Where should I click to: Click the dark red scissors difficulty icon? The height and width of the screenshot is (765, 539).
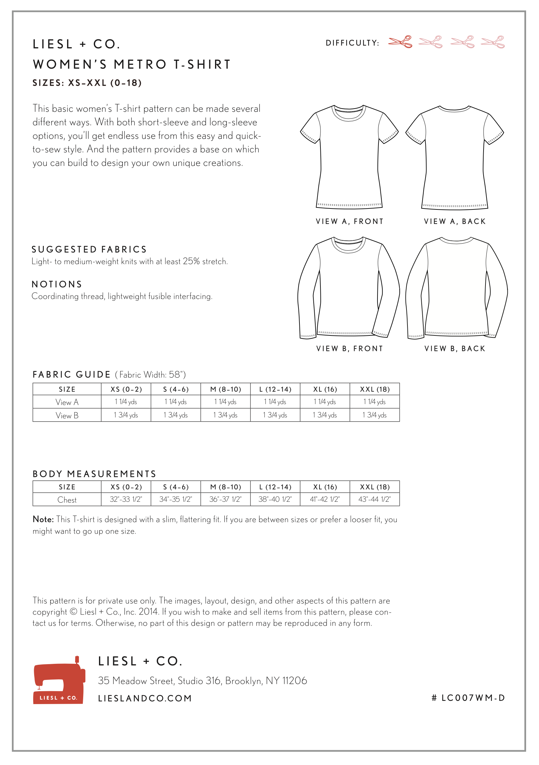point(400,42)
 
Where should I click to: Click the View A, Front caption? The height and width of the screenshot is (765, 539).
point(350,222)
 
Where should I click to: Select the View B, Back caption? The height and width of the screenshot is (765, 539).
point(455,349)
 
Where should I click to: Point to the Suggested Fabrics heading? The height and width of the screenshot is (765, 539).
point(89,249)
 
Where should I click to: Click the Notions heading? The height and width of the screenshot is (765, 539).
point(57,284)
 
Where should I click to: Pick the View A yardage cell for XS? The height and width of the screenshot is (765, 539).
point(126,402)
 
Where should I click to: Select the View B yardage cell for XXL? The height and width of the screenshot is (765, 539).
point(374,415)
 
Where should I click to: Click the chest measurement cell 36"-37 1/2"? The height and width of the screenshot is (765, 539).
point(225,499)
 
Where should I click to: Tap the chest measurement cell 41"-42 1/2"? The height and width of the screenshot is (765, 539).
point(325,499)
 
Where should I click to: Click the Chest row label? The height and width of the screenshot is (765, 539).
point(67,500)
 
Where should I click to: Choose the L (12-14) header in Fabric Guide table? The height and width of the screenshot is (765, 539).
point(275,389)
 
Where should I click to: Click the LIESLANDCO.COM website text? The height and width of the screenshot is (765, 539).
point(145,698)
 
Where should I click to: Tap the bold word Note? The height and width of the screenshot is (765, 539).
point(43,519)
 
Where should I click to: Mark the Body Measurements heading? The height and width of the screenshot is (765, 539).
point(94,474)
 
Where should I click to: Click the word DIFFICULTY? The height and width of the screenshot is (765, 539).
point(352,43)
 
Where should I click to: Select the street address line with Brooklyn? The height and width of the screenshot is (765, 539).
point(202,681)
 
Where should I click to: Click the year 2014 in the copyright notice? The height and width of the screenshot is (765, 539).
point(148,612)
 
